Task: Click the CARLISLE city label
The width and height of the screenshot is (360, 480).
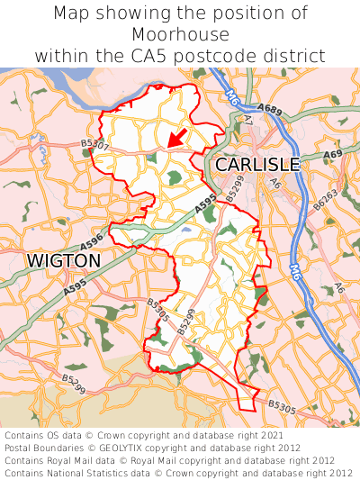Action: coord(256,165)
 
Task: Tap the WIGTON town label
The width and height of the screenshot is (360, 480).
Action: coord(63,260)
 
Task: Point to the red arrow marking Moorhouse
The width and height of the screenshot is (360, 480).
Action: coord(177,137)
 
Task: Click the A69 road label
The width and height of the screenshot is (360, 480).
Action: coord(332,155)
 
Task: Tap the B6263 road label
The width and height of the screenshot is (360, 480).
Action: coord(325,200)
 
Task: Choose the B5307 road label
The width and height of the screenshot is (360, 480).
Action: coord(94,144)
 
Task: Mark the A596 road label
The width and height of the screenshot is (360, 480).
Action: coord(92,244)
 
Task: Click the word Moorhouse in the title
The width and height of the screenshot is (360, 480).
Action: coord(180,34)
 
